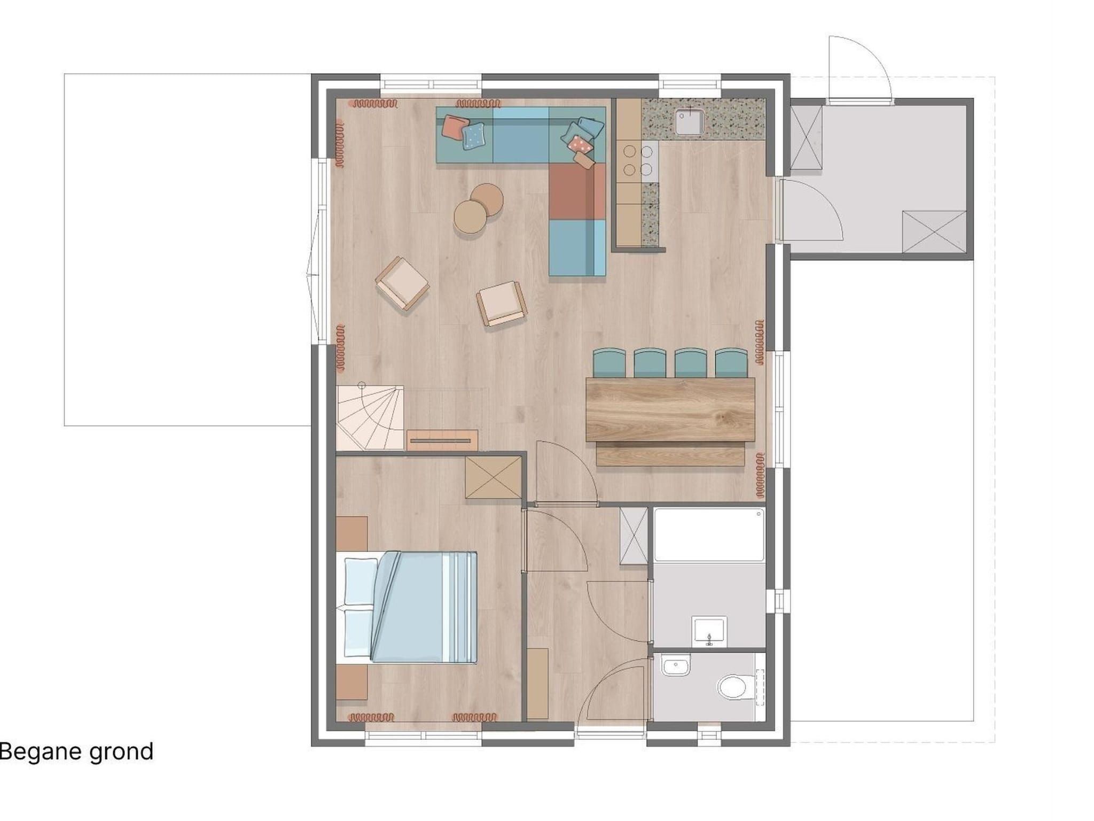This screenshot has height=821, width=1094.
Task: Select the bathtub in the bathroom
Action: (x=709, y=535)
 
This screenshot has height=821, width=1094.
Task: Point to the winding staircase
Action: (x=370, y=417)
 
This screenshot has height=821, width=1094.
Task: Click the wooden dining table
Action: (x=670, y=409)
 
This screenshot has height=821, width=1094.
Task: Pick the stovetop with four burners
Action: (x=638, y=161)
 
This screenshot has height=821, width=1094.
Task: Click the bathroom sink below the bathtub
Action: (x=709, y=631)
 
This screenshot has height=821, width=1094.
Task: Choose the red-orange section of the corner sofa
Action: (x=577, y=191)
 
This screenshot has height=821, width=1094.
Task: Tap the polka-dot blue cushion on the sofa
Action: (x=474, y=136)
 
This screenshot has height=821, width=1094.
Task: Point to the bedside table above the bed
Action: (x=351, y=533)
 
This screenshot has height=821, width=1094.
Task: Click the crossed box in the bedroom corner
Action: (x=493, y=477)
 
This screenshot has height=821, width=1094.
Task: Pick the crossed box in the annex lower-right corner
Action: (x=934, y=231)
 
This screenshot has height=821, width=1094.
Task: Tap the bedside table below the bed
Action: (x=351, y=681)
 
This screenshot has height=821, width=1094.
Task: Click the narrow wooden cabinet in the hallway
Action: (x=538, y=684)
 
